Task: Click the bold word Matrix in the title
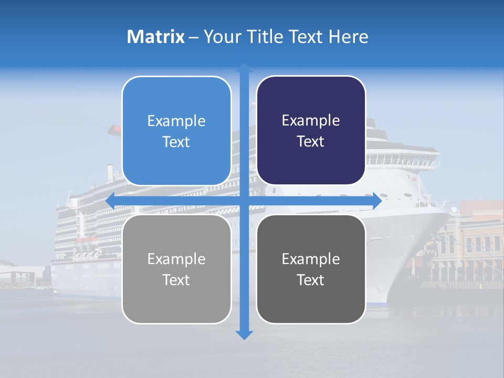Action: (x=156, y=37)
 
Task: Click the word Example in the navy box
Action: (x=311, y=121)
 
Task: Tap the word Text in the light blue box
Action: (x=176, y=142)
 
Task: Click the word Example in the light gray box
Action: (x=176, y=259)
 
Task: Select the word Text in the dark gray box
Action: (x=311, y=280)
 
